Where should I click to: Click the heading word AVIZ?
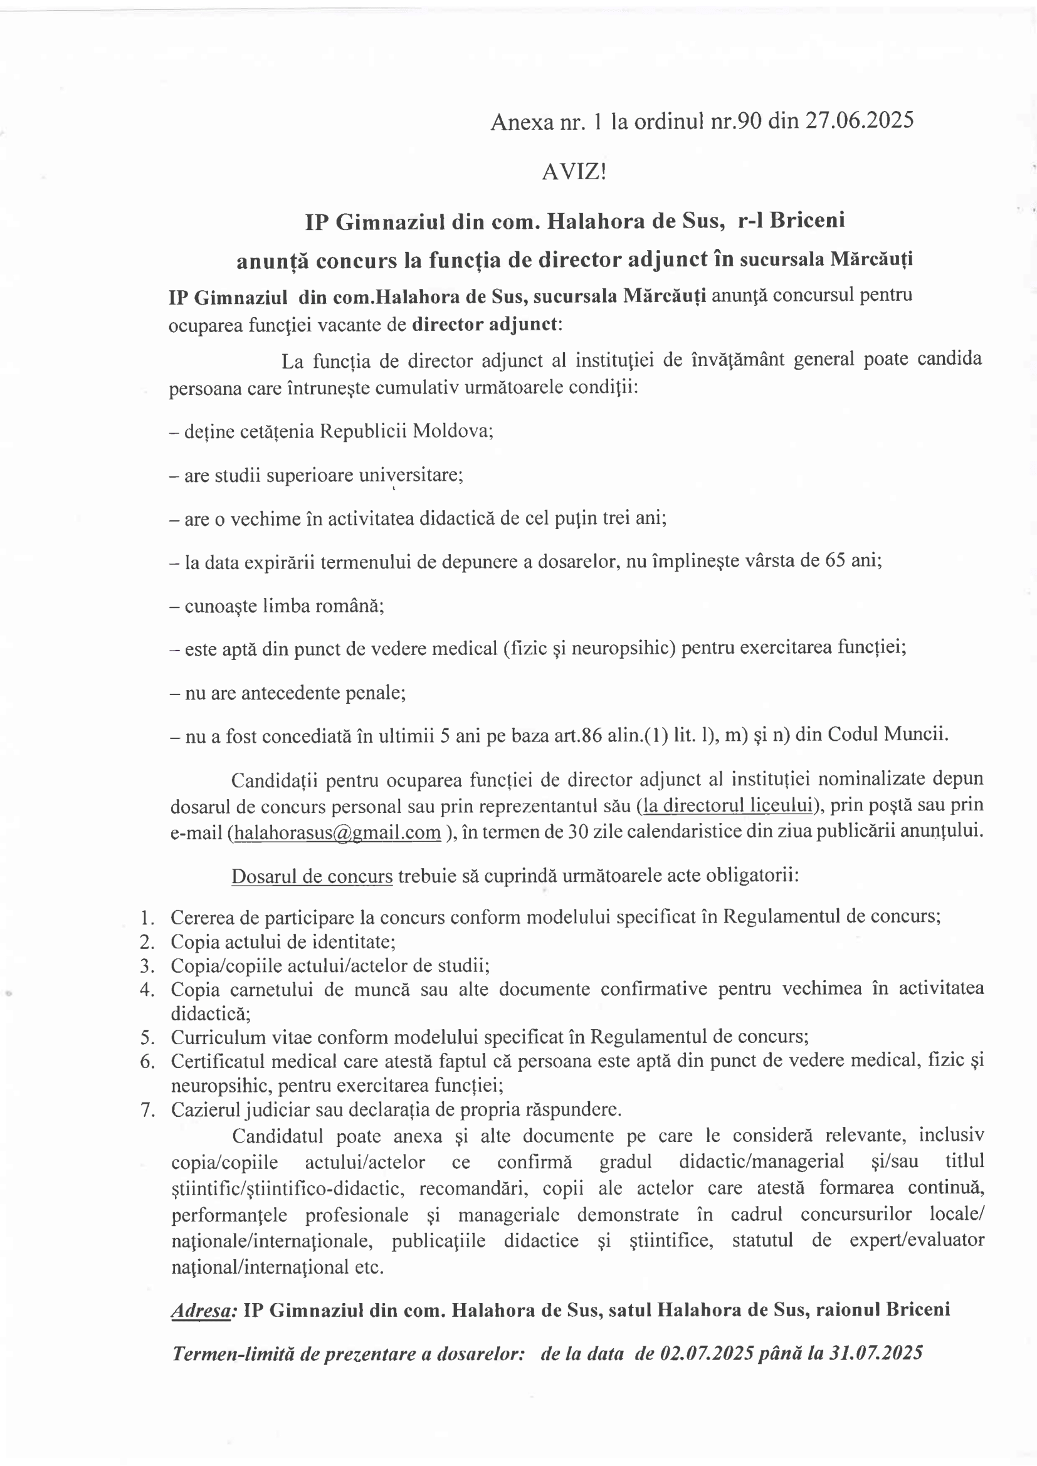574,172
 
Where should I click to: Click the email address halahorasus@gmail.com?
337,832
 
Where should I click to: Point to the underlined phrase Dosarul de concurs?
312,876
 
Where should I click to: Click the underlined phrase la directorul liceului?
727,805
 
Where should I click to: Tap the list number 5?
147,1037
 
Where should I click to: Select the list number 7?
147,1110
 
